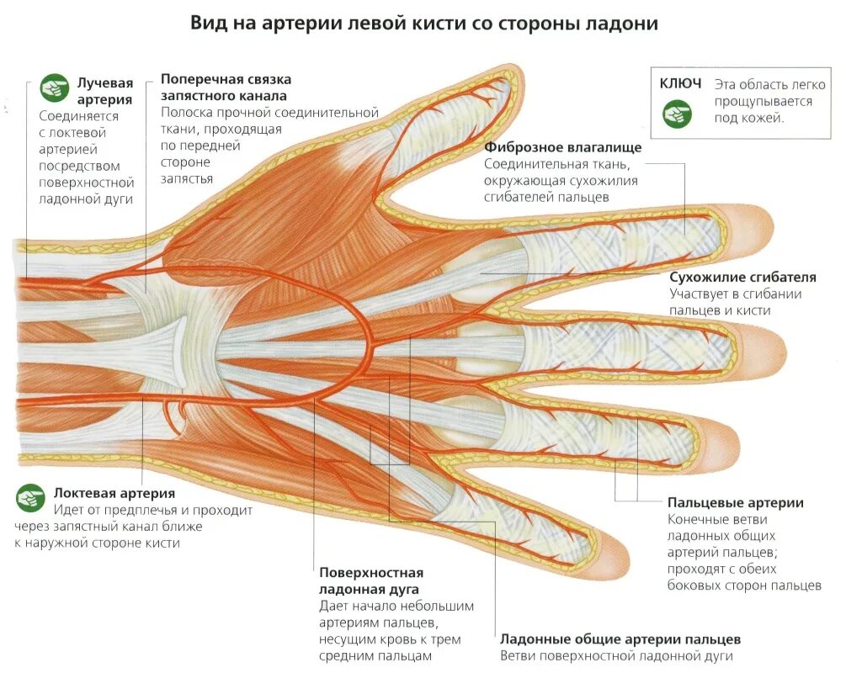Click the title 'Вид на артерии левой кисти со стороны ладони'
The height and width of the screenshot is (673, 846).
(x=423, y=24)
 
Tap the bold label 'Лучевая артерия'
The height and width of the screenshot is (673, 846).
(x=105, y=91)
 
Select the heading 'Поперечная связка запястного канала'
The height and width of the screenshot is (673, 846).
(x=226, y=87)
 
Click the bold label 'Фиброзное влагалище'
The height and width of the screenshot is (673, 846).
(x=563, y=147)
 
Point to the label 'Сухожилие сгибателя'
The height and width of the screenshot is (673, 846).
(x=742, y=277)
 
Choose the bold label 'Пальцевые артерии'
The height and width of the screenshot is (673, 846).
(x=735, y=503)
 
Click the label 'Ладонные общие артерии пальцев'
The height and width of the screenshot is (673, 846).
(x=620, y=639)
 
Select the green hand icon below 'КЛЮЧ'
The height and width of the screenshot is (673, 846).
(x=677, y=114)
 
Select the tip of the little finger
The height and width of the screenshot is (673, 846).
(x=619, y=555)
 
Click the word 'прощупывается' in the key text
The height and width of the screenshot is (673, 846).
(x=763, y=101)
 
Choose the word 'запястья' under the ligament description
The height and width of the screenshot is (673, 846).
(x=186, y=178)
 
